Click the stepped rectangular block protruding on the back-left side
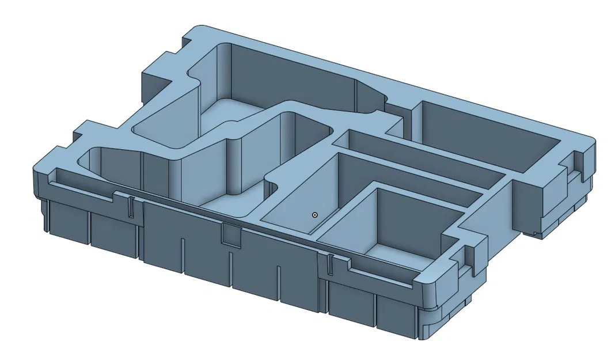[155, 75]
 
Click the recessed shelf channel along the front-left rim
[86, 184]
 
